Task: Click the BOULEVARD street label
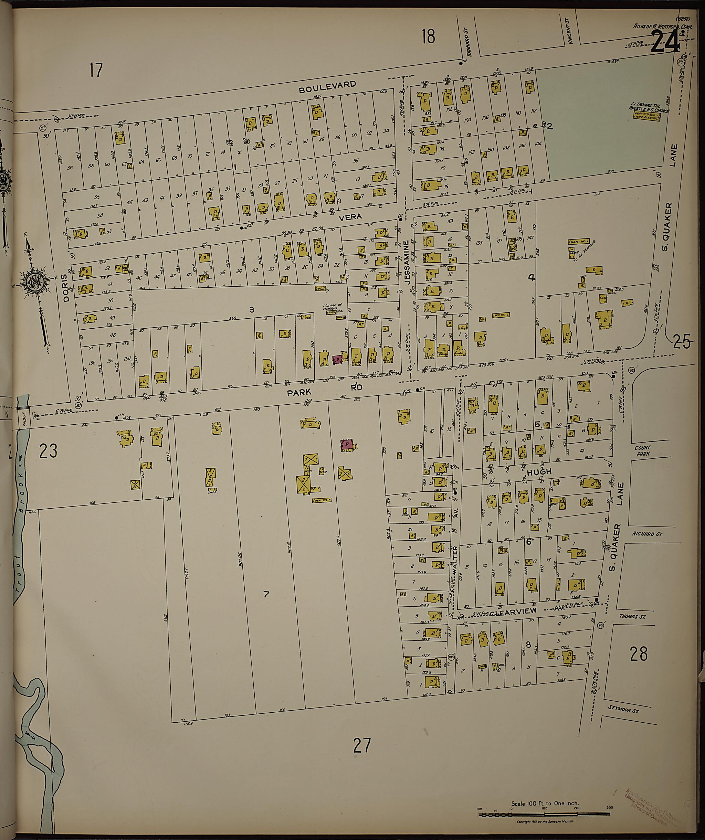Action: click(x=328, y=86)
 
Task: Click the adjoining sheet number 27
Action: click(x=362, y=746)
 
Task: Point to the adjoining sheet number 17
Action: click(x=96, y=70)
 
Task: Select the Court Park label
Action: click(x=642, y=450)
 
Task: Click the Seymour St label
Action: click(x=623, y=709)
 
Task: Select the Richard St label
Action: click(x=648, y=534)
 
